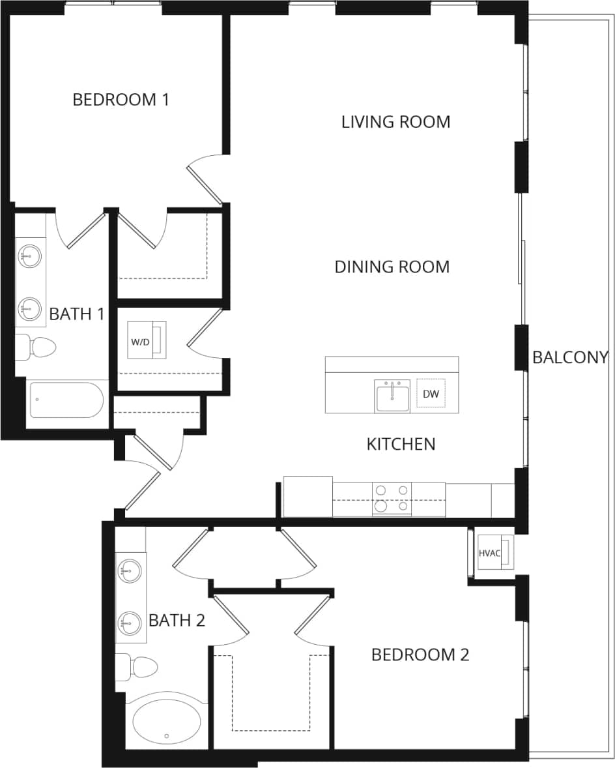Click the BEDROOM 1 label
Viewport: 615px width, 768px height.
tap(121, 100)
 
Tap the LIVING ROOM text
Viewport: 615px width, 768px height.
tap(395, 122)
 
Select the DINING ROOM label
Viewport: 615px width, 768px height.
tap(392, 267)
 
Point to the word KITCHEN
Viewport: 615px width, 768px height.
tap(401, 444)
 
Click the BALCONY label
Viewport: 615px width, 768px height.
tap(570, 357)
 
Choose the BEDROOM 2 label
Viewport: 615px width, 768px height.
tap(420, 655)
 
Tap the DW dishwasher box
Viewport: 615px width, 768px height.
tap(431, 394)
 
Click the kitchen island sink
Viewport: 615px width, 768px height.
tap(392, 396)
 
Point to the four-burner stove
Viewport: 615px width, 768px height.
tap(392, 499)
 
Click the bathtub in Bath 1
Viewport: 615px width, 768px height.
tap(66, 400)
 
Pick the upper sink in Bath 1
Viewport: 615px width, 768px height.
tap(29, 256)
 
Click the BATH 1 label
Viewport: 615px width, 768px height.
tap(77, 314)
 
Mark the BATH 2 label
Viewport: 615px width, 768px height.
tap(177, 620)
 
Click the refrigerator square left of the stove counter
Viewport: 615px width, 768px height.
tap(308, 496)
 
